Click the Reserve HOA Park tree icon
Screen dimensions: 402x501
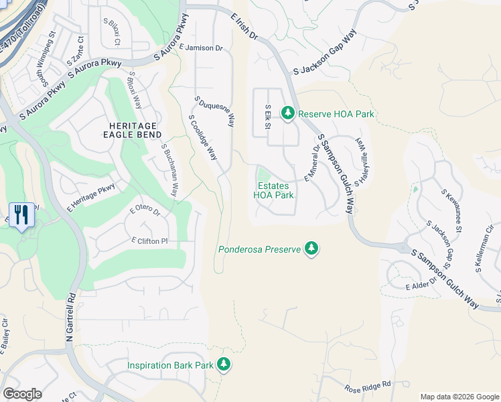288,113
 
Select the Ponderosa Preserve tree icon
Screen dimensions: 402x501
311,249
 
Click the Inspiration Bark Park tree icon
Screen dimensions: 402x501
224,365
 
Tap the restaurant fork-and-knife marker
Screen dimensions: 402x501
21,215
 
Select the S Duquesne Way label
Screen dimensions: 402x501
214,111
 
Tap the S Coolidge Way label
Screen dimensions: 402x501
203,137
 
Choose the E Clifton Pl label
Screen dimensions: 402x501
149,240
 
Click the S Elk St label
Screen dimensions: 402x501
267,117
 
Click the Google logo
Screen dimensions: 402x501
22,393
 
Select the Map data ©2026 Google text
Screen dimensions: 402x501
459,397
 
